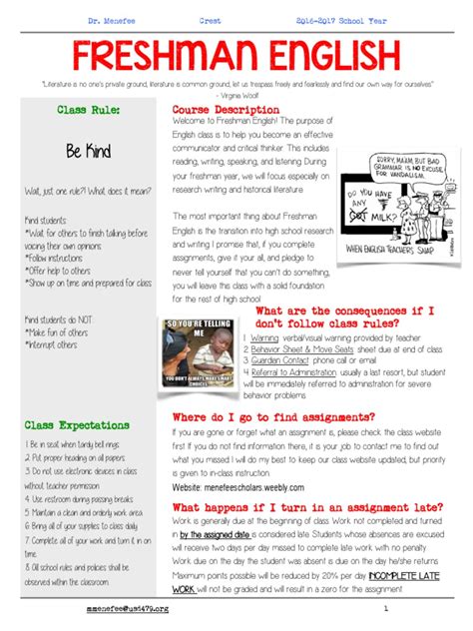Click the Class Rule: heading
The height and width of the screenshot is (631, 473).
(x=88, y=110)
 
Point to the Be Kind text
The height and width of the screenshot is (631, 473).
(x=88, y=151)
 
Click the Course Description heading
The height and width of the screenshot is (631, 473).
(x=226, y=110)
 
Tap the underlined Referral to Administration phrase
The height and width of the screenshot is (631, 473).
(x=301, y=372)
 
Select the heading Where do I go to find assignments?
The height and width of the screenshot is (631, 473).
(x=273, y=416)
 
